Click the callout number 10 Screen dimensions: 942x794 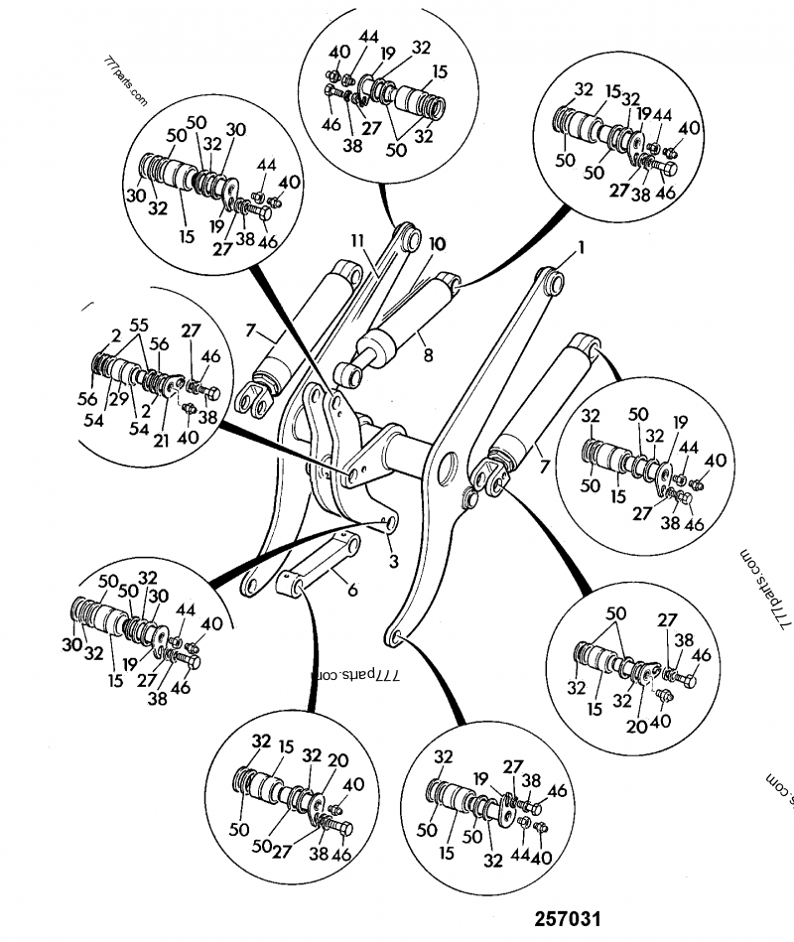pos(437,244)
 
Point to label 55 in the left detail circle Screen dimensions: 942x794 pos(138,324)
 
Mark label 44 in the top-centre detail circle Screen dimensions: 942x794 pos(368,38)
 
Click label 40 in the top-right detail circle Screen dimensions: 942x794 pos(689,127)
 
